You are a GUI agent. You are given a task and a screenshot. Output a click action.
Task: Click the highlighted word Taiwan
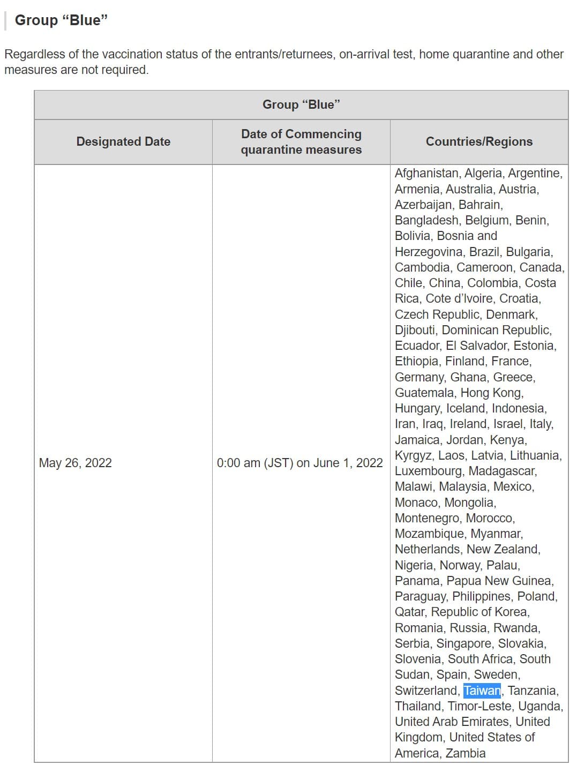click(x=482, y=691)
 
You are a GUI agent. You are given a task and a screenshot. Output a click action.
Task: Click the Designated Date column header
click(x=123, y=141)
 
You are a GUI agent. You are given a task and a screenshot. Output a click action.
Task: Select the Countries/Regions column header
click(x=479, y=141)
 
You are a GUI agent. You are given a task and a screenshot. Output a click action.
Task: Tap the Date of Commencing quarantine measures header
click(x=301, y=141)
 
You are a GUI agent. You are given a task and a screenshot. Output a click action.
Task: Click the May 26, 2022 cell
click(x=76, y=463)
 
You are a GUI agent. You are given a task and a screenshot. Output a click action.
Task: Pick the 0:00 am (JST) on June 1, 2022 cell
click(x=300, y=463)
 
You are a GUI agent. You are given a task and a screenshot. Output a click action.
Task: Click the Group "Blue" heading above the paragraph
click(x=61, y=20)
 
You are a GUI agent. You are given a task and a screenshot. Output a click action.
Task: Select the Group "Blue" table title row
click(x=301, y=104)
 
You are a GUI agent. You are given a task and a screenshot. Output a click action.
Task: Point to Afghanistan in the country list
click(x=427, y=173)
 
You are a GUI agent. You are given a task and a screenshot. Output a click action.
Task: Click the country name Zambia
click(x=466, y=753)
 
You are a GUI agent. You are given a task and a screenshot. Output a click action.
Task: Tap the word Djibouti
click(x=416, y=330)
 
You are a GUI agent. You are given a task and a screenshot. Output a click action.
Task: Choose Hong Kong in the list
click(x=491, y=393)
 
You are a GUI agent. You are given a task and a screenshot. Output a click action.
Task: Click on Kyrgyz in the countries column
click(x=414, y=455)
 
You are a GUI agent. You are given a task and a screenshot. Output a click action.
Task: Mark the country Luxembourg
click(x=429, y=471)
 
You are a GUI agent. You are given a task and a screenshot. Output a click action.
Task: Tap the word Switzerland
click(x=426, y=691)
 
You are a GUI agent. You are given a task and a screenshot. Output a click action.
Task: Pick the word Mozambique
click(x=429, y=534)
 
